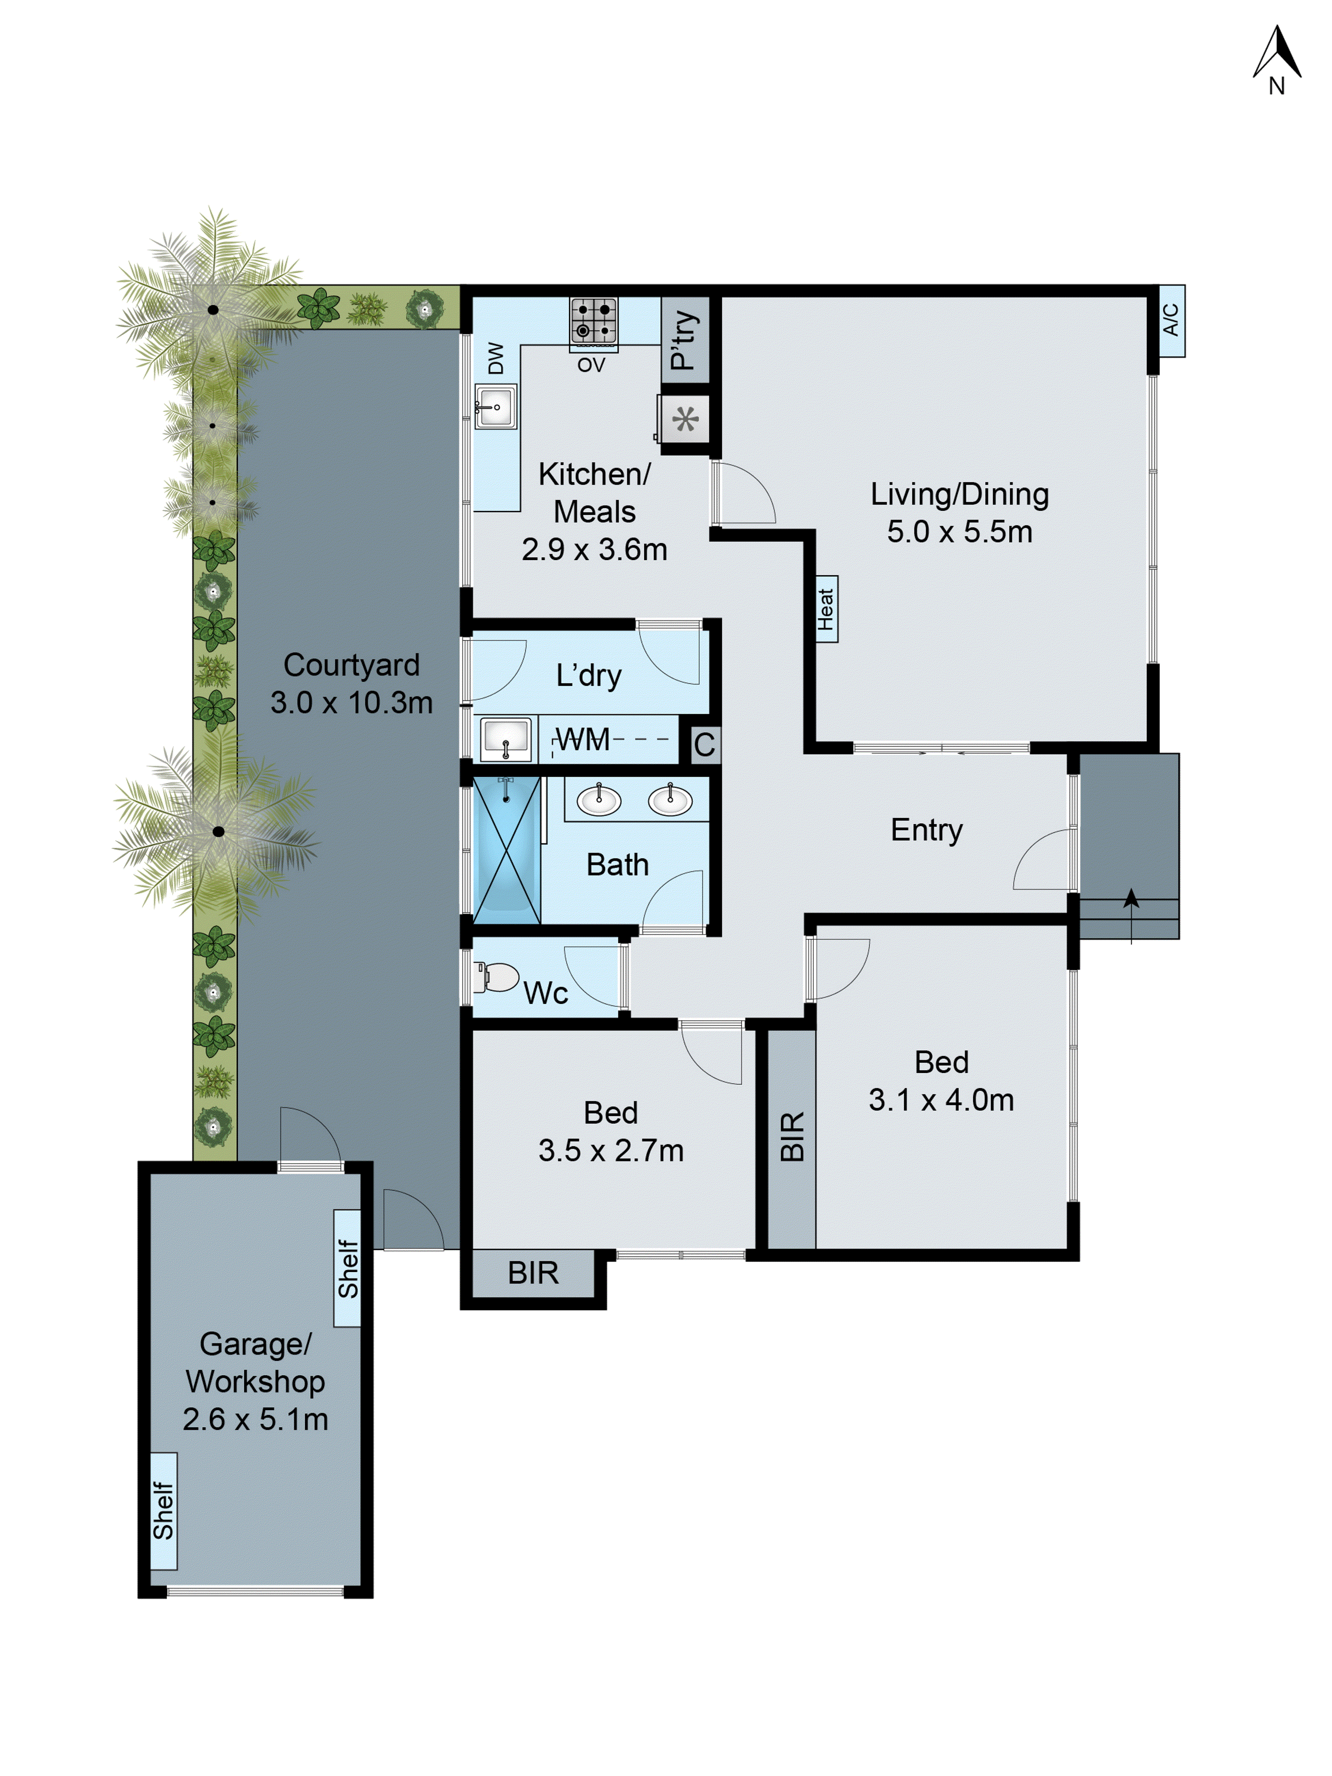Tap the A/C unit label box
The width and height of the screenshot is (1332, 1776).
(1171, 320)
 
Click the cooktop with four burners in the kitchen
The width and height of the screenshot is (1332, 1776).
(593, 321)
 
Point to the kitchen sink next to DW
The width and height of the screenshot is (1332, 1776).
(496, 406)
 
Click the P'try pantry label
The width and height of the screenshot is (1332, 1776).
(684, 340)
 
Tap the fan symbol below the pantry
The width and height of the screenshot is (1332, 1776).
(685, 419)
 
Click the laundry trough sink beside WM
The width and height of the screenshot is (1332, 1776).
(505, 739)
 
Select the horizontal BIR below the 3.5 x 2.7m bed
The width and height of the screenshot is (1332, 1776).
(533, 1273)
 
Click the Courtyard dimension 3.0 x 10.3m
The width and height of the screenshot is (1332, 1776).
(351, 703)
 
